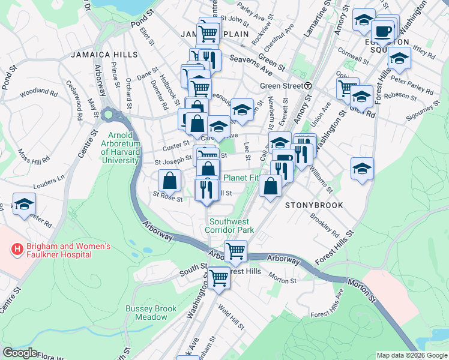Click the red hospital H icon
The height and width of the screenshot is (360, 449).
tap(17, 248)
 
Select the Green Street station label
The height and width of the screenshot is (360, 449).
tap(280, 86)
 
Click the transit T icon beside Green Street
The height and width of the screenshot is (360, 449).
tap(307, 86)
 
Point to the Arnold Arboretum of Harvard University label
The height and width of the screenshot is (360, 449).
tap(129, 148)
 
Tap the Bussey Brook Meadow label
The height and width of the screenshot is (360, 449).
tap(151, 313)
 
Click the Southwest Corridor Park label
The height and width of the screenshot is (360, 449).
tap(229, 225)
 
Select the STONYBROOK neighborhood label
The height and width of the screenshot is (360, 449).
tap(314, 205)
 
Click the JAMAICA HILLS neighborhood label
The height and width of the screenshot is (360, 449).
tap(104, 54)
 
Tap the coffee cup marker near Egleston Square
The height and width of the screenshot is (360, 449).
tap(382, 31)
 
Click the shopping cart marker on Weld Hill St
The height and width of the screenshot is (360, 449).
tap(219, 277)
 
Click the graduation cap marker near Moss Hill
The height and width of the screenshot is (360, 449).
tap(23, 205)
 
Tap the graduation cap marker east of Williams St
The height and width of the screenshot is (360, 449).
tap(362, 169)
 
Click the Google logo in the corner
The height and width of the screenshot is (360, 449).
tap(20, 353)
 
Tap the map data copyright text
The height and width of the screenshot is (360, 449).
tap(411, 355)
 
